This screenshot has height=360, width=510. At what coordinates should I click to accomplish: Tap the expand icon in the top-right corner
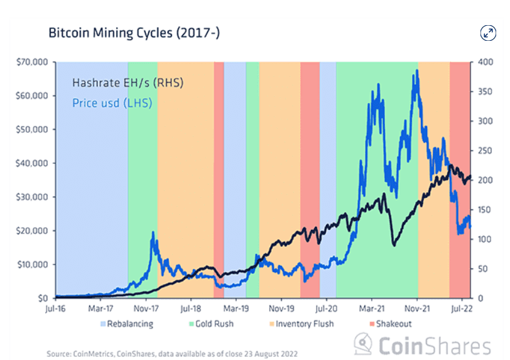click(488, 33)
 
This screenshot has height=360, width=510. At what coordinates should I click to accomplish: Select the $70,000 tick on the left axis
click(32, 62)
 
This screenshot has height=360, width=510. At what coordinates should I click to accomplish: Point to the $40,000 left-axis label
click(32, 163)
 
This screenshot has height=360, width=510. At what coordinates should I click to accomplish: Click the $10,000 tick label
click(32, 265)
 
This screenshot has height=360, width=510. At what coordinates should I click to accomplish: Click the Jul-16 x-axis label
click(56, 308)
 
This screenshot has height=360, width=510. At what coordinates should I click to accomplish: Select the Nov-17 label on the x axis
click(146, 308)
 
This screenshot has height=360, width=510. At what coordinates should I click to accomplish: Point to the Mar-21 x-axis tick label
click(372, 308)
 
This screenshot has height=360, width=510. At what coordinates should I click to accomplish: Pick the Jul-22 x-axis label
click(462, 308)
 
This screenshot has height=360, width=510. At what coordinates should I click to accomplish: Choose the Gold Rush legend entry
click(211, 324)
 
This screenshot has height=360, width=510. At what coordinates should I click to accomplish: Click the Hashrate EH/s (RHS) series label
click(127, 83)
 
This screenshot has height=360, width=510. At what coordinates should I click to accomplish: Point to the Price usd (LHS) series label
click(112, 102)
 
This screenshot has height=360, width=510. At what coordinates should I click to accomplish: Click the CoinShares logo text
click(433, 346)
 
